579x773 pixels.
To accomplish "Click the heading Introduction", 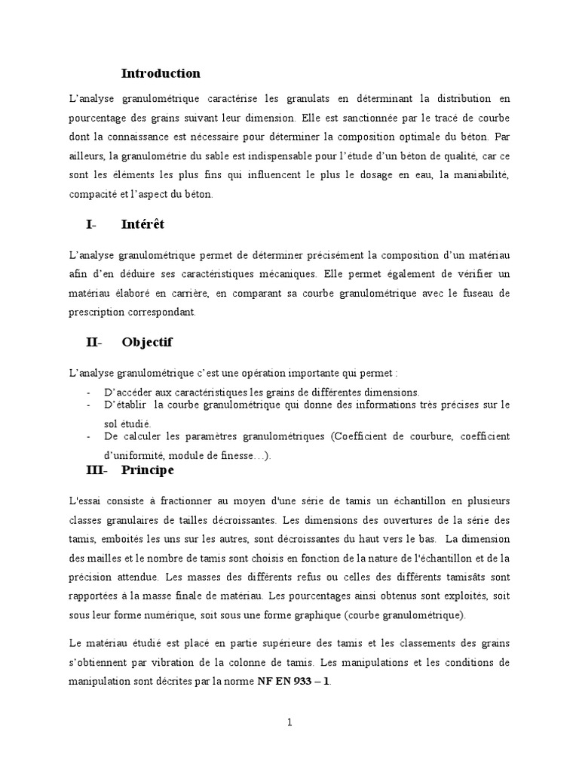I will point(161,73).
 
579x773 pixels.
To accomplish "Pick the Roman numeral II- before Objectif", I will point(93,342).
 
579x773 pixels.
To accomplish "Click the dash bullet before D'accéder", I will point(90,392).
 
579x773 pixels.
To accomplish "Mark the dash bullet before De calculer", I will point(90,436).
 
